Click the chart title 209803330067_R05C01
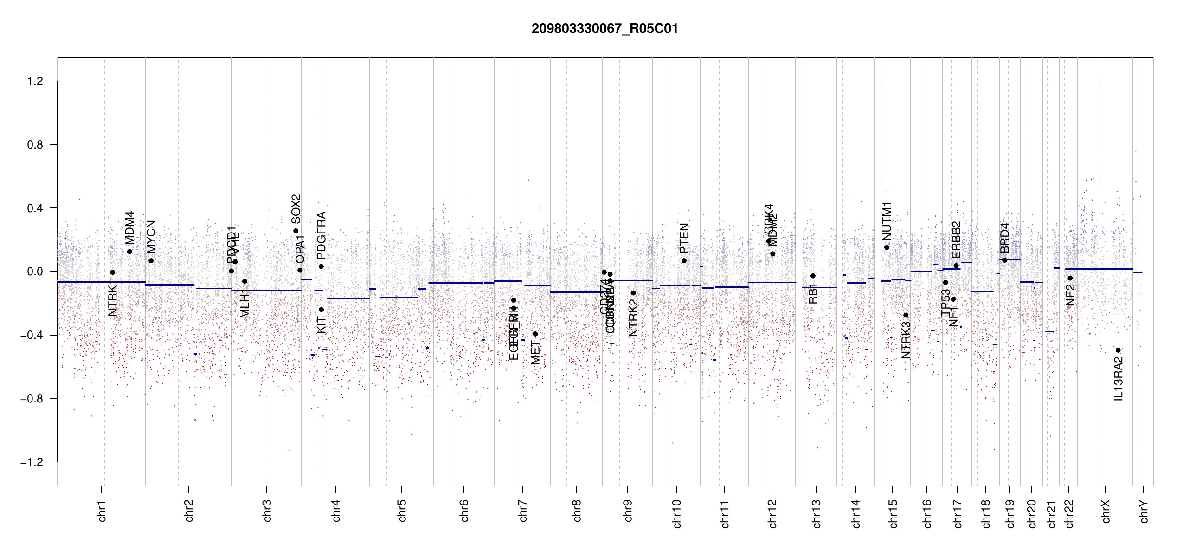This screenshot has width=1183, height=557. [604, 29]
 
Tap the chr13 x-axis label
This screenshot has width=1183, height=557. [816, 513]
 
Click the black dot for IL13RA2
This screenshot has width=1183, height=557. [1118, 350]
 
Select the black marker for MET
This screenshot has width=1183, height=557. [535, 334]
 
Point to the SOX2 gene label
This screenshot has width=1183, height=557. [296, 209]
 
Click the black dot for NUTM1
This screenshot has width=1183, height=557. [887, 247]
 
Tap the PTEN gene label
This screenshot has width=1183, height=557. [684, 238]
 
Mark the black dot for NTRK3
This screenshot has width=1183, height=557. [906, 315]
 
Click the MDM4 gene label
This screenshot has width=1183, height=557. [129, 228]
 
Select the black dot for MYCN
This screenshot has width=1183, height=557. [151, 260]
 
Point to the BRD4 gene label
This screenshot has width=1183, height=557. [1004, 238]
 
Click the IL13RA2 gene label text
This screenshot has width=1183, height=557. [1118, 379]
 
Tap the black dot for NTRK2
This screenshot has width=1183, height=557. [633, 293]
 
